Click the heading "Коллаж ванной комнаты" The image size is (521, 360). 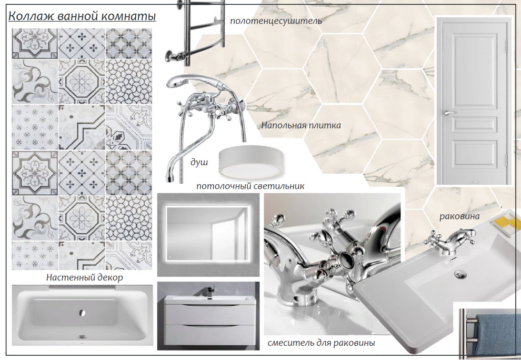[x=82, y=16]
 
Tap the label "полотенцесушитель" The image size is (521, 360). [x=276, y=21]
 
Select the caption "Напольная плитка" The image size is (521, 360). [x=301, y=125]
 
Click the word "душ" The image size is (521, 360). [x=199, y=162]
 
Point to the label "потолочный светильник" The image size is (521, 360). [x=250, y=186]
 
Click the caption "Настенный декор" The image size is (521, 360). [x=84, y=277]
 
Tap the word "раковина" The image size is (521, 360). [x=459, y=216]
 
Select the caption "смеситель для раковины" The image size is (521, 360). [x=322, y=343]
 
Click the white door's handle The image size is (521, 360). [x=448, y=113]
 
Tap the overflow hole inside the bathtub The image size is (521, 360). [x=83, y=313]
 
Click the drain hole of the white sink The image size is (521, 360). [x=460, y=274]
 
